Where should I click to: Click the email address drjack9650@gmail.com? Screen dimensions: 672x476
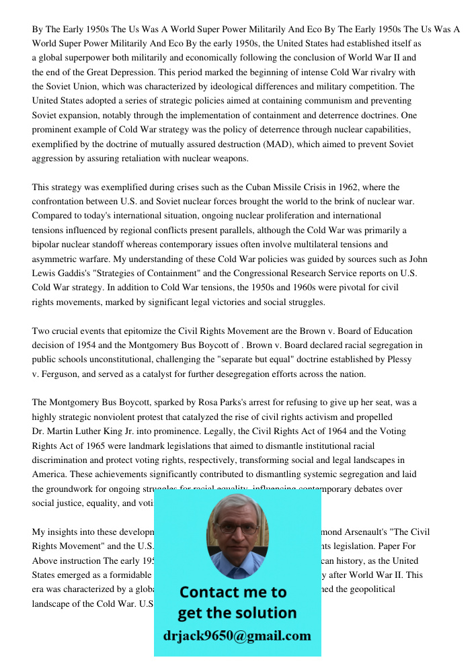(237, 636)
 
